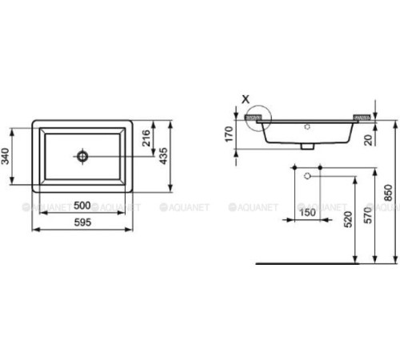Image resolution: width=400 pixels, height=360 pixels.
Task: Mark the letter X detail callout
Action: pos(246,99)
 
